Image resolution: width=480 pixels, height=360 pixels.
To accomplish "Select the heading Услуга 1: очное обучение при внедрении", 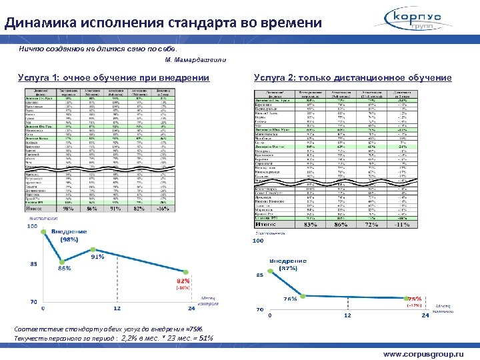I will [x=113, y=78].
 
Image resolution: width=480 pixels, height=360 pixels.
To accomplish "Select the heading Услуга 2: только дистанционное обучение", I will [x=353, y=78].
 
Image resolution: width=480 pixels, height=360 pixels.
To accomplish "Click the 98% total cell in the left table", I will [x=67, y=208].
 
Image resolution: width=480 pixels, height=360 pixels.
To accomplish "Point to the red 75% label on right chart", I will [x=415, y=299].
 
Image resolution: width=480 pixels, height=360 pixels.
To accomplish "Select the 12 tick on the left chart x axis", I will [x=117, y=309].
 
